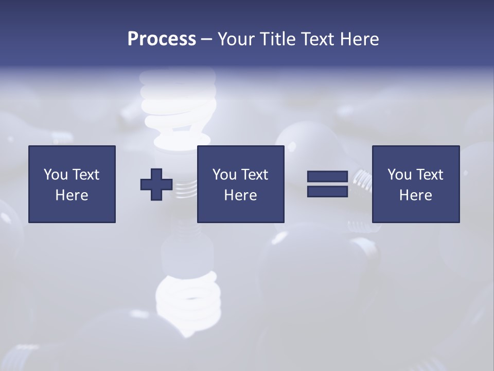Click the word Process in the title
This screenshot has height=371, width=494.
coord(162,39)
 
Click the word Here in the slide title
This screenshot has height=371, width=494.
coord(359,39)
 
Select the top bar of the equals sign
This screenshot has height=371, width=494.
coord(327,177)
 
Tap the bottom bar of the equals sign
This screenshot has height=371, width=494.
coord(327,191)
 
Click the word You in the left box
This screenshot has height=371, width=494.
coord(56,175)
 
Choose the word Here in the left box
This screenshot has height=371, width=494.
coord(72,195)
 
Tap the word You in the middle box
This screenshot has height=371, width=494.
coord(224,175)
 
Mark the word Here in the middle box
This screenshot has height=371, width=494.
coord(240,195)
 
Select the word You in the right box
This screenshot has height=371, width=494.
coord(399,175)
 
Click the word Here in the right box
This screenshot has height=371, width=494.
coord(415,195)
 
